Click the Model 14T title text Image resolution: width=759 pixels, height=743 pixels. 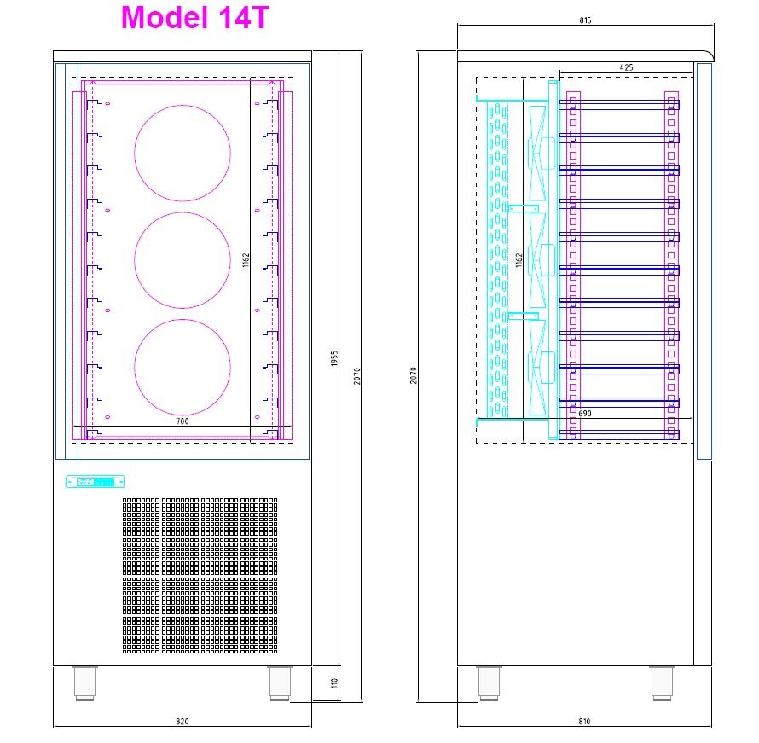[x=195, y=18]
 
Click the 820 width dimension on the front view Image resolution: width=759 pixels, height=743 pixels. [x=182, y=722]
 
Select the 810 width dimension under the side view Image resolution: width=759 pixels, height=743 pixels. [x=584, y=722]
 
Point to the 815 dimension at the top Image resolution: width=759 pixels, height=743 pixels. [x=584, y=20]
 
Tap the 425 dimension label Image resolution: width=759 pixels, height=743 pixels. [x=626, y=67]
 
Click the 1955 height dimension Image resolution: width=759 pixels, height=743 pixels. [x=335, y=359]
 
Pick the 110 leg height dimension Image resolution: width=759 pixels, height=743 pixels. [x=335, y=683]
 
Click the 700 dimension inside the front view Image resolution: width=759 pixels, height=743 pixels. [x=182, y=421]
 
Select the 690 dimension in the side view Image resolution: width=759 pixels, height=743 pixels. [x=584, y=414]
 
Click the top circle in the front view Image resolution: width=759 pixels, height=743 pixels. [x=182, y=154]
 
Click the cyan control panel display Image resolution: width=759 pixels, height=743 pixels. [x=95, y=482]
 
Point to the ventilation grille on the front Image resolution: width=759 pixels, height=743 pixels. [x=200, y=575]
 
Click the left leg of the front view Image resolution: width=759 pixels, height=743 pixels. [x=84, y=683]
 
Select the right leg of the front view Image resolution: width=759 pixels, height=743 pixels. [x=279, y=683]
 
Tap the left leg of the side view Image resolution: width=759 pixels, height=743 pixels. [x=489, y=683]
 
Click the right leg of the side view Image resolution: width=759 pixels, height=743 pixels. [x=662, y=683]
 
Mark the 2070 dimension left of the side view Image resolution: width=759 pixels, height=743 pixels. [x=414, y=374]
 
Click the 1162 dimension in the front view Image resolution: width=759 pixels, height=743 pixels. [x=246, y=260]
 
